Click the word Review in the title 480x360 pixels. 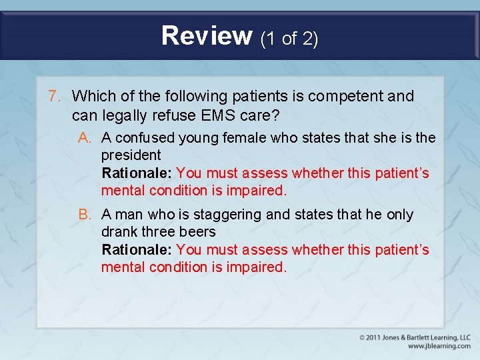coord(207,35)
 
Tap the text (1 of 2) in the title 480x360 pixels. coord(289,39)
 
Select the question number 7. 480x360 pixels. coord(55,96)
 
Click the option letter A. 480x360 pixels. coord(84,137)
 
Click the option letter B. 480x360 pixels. coord(84,215)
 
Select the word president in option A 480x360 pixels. coord(131,155)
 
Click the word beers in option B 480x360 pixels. coord(198,232)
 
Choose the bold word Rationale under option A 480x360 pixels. coord(137,173)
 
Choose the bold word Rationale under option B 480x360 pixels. coord(137,249)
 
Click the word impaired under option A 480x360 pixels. coord(256,190)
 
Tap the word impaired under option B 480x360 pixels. coord(256,267)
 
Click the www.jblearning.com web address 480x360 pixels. coord(439,346)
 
